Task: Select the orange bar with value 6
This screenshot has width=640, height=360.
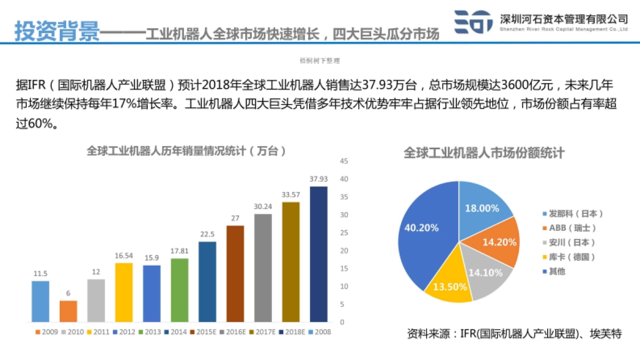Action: point(68,311)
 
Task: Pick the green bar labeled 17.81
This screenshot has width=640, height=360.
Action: point(179,290)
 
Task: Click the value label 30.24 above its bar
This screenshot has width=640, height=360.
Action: point(263,206)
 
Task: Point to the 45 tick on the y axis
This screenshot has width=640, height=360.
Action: point(344,161)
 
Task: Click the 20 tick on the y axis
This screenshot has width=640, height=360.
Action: point(344,251)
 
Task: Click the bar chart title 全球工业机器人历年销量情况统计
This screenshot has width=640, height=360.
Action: point(187,151)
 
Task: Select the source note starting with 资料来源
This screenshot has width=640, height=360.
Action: point(514,334)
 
